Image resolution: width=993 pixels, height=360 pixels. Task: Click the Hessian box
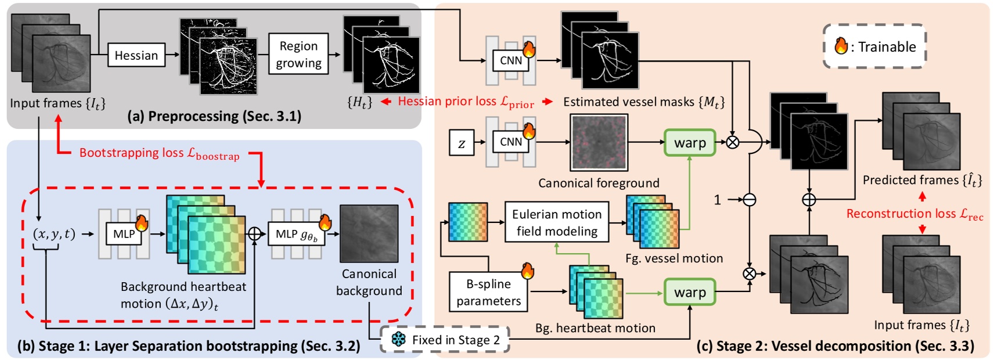coord(136,55)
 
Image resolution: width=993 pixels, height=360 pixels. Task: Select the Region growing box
coord(298,54)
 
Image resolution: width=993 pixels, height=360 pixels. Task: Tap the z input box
coord(462,143)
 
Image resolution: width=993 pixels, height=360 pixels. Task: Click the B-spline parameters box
coord(488,292)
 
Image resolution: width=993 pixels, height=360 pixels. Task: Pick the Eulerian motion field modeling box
coord(557,222)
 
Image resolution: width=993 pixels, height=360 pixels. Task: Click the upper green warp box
coord(690,143)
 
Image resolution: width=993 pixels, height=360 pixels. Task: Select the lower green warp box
coord(690,292)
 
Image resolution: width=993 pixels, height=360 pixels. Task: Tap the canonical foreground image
coord(599,142)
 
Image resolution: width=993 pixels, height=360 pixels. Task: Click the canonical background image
coord(369,233)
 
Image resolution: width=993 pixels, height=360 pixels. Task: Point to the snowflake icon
coord(398,340)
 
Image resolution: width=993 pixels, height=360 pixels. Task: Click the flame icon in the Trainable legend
coord(841,46)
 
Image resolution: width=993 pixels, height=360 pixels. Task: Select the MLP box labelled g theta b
coord(296,234)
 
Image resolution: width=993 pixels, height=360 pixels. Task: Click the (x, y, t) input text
coord(54,234)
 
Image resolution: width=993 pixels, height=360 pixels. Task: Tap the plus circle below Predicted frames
coord(808,200)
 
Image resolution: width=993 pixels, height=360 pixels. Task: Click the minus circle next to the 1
coord(749,200)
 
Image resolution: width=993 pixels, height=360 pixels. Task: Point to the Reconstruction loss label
coord(914,214)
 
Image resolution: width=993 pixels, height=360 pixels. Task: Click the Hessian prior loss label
coord(465,102)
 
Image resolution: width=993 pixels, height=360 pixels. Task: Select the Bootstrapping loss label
coord(159,153)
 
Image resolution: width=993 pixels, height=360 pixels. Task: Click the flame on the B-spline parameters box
coord(527,271)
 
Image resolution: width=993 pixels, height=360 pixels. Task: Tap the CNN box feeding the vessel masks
coord(510,60)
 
